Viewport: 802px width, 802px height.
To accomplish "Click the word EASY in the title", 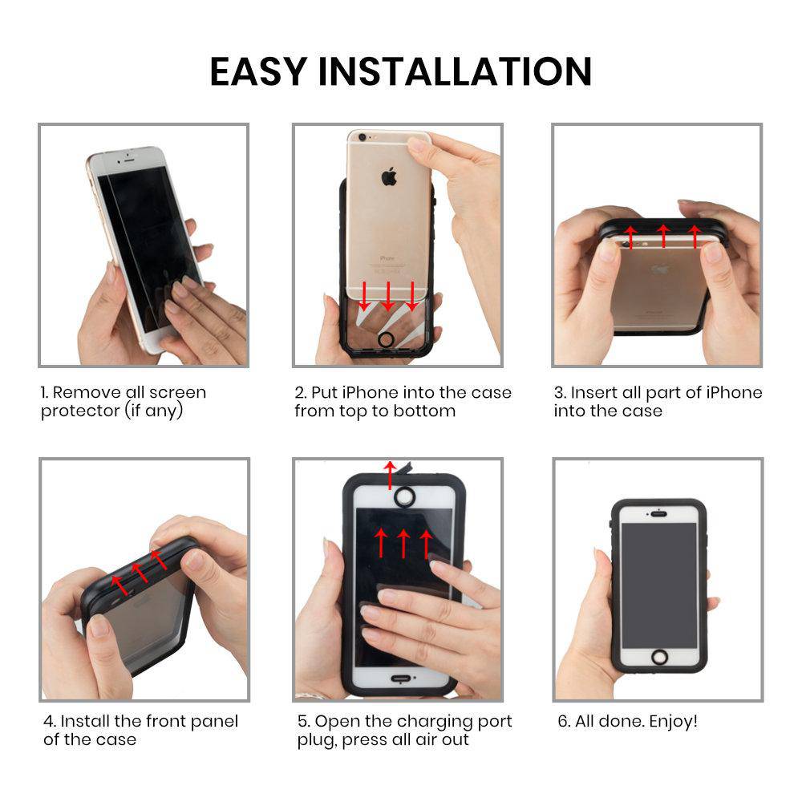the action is click(x=258, y=71).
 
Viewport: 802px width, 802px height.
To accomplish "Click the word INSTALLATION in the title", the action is click(x=455, y=71).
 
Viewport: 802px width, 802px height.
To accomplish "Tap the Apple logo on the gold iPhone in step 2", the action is click(x=389, y=176).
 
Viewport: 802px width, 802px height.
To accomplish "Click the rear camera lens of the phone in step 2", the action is click(x=363, y=137).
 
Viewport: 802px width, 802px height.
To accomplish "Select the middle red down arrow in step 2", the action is click(x=388, y=296).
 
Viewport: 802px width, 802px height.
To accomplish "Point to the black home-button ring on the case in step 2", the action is click(x=386, y=338).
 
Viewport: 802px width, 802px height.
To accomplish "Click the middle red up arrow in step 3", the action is click(x=663, y=235).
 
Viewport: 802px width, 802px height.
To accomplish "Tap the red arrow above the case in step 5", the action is click(x=391, y=475).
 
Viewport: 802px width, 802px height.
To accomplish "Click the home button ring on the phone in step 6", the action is click(x=659, y=657).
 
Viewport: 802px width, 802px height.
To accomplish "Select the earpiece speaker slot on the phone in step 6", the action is click(x=658, y=513).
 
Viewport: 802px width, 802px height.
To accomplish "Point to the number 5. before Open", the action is click(x=304, y=721).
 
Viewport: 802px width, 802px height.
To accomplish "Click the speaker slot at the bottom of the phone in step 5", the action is click(x=400, y=679).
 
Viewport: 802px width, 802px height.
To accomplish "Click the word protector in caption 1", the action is click(x=80, y=411).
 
